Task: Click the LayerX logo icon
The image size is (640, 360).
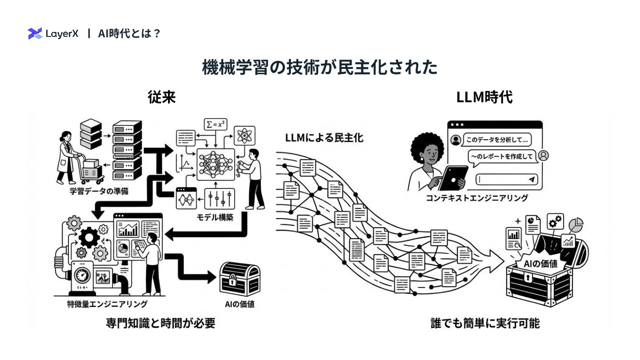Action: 34,33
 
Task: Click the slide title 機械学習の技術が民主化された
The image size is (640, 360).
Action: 320,68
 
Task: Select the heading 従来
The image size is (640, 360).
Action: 162,97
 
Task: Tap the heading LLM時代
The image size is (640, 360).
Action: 484,97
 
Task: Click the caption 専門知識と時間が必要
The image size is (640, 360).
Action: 160,323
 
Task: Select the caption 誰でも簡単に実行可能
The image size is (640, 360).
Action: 485,323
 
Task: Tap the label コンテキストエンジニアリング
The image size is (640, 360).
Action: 477,198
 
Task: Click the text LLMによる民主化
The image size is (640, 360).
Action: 324,138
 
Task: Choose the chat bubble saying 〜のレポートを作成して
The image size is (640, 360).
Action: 501,156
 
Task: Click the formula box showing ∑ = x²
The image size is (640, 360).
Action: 215,124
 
